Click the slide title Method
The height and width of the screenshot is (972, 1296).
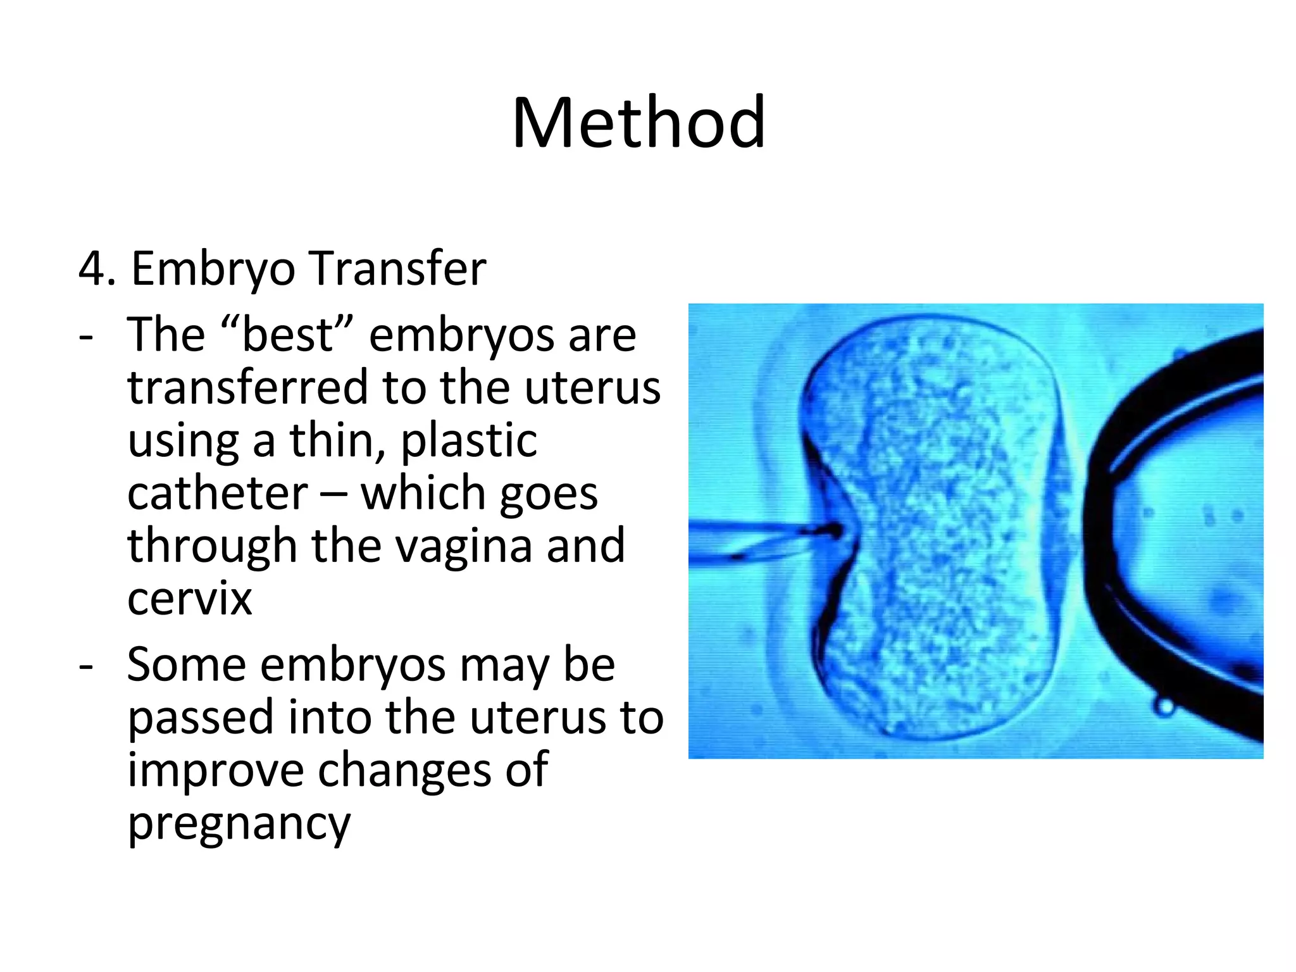[639, 123]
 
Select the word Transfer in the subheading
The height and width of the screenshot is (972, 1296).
[399, 269]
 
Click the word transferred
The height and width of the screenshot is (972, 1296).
[247, 387]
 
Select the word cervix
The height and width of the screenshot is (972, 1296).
[189, 599]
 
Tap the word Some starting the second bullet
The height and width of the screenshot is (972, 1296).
[186, 664]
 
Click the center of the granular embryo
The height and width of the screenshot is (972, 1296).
[937, 528]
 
